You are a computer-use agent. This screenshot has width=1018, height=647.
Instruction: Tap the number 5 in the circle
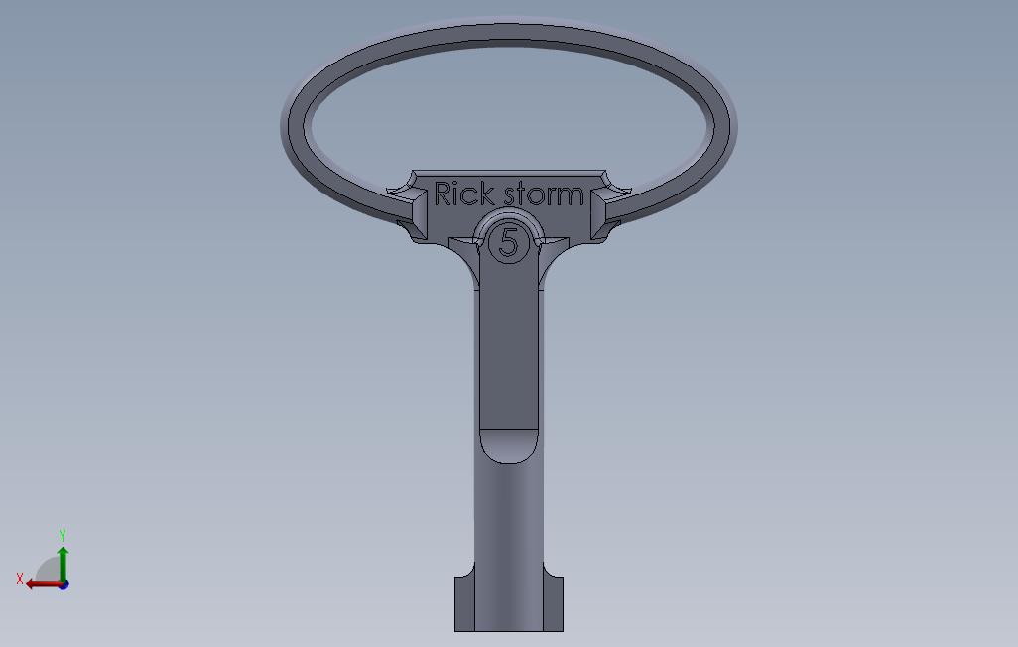509,242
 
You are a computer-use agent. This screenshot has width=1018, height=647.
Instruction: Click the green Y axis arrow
63,562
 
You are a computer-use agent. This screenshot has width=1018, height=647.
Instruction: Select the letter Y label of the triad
63,536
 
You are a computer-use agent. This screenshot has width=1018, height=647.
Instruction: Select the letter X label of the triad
19,579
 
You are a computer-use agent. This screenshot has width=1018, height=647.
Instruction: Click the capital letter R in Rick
444,194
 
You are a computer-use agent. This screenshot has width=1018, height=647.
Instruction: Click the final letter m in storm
571,196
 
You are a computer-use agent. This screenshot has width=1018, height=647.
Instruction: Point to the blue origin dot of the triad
63,584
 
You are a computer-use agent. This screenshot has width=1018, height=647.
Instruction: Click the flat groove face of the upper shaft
508,347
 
